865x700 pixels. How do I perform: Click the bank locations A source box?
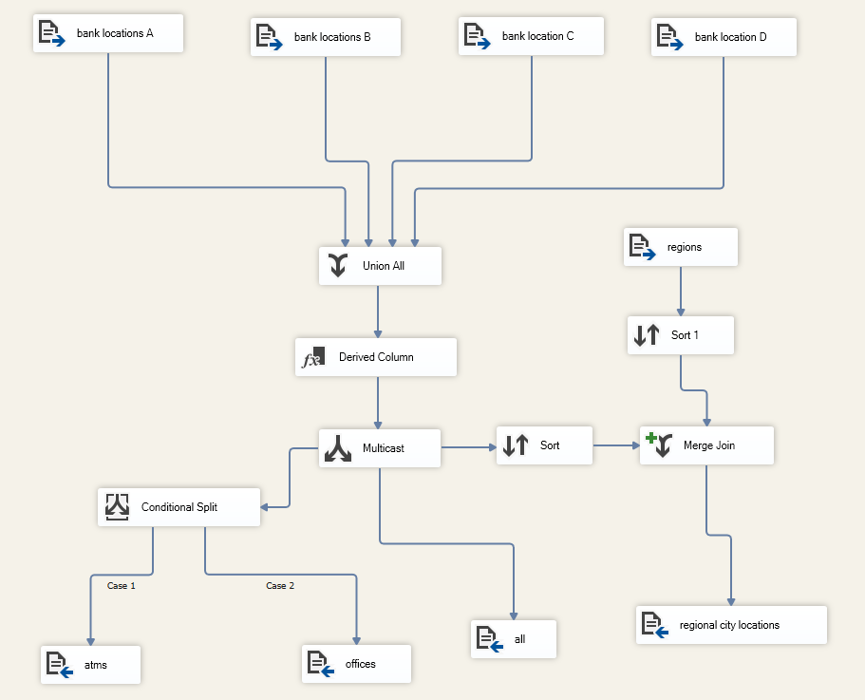tap(107, 33)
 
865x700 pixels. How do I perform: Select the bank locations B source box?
tap(326, 37)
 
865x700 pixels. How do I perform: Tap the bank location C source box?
tap(532, 36)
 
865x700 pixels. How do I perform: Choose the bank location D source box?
tap(724, 37)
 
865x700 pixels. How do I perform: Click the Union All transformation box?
tap(380, 266)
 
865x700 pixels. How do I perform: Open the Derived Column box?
tap(375, 357)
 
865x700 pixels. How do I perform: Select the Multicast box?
tap(380, 448)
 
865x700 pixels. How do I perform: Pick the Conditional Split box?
tap(179, 507)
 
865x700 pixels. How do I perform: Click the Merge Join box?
tap(706, 445)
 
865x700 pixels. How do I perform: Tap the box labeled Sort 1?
tap(680, 335)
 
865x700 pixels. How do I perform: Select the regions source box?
tap(679, 247)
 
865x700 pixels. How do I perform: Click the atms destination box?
tap(91, 665)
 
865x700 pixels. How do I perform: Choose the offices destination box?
tap(356, 664)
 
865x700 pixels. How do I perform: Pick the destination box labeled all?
tap(514, 639)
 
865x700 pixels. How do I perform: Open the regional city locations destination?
tap(731, 625)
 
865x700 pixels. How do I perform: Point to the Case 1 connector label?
tap(122, 586)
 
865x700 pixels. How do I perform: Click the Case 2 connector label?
tap(280, 586)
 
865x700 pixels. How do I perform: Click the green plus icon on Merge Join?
tap(650, 439)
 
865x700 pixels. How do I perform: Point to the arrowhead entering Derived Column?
tap(378, 333)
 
